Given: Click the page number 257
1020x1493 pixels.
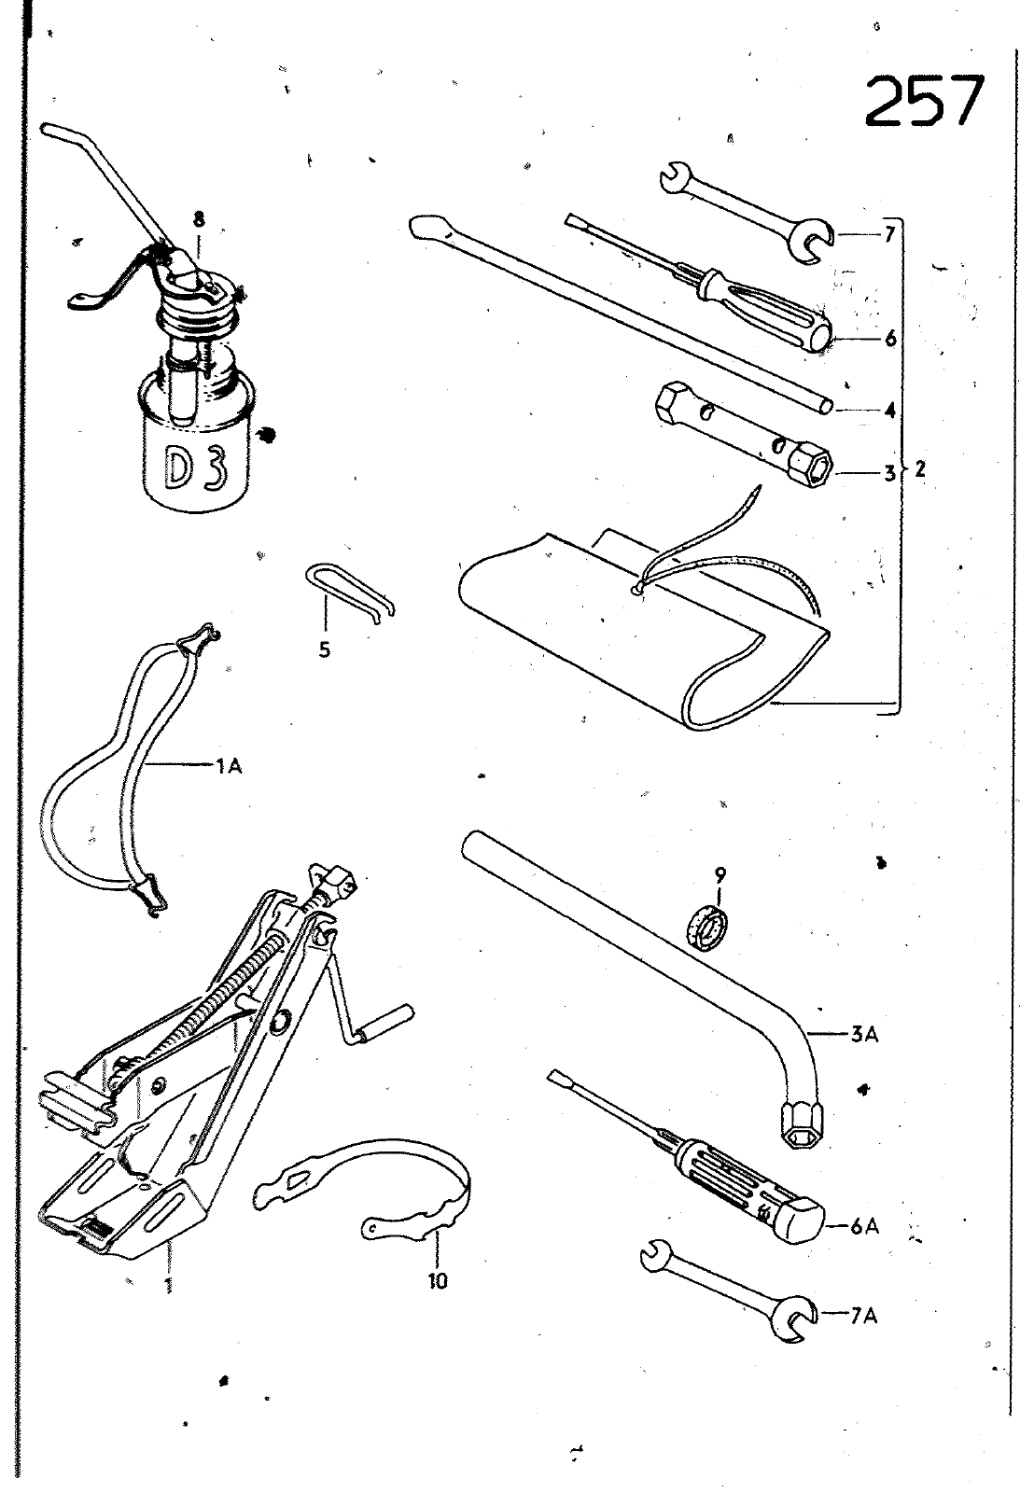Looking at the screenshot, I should pyautogui.click(x=924, y=102).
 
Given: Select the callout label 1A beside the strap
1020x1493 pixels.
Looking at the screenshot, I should pyautogui.click(x=229, y=766).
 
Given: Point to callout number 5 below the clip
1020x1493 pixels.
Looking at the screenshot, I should pyautogui.click(x=324, y=650).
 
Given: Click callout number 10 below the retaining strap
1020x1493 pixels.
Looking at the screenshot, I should pyautogui.click(x=438, y=1281).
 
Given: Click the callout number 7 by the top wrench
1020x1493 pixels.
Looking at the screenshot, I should pyautogui.click(x=888, y=233).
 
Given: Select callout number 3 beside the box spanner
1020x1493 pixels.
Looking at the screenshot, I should pyautogui.click(x=889, y=473).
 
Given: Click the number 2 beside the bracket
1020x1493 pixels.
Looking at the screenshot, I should pyautogui.click(x=919, y=469).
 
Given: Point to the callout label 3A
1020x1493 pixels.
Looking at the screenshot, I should pyautogui.click(x=863, y=1034).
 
